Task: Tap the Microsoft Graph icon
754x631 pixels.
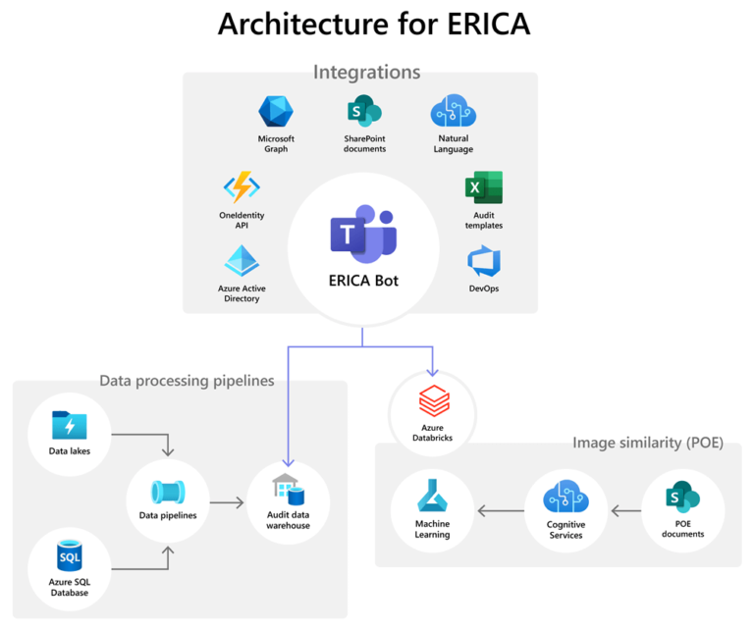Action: click(276, 113)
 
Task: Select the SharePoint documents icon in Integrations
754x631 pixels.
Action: click(363, 113)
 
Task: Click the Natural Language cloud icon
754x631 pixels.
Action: click(453, 113)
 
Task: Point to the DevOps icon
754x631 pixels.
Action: click(483, 262)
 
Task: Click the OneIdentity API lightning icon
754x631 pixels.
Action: click(242, 187)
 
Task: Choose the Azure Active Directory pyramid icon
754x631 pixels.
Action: click(242, 262)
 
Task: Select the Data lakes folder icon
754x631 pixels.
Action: click(69, 426)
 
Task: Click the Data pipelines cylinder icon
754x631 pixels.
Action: click(167, 492)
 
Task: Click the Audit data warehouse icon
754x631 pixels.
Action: click(288, 491)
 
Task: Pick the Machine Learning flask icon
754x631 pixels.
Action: click(432, 499)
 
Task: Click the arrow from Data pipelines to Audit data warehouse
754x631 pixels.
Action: click(227, 503)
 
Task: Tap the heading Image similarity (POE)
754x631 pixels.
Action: click(647, 443)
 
